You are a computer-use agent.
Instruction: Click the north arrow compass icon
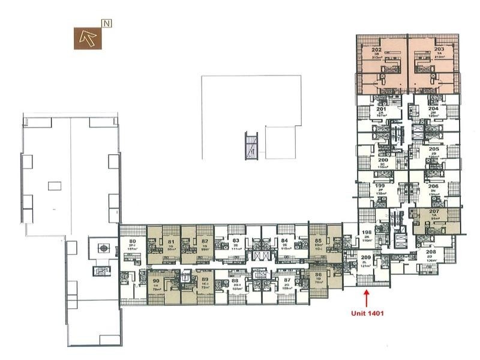[x=87, y=38]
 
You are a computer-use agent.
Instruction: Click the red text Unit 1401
[x=367, y=313]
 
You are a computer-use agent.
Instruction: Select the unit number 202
[x=376, y=49]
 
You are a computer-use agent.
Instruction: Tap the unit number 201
[x=382, y=109]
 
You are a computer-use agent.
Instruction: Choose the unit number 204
[x=433, y=109]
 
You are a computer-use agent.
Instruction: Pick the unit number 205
[x=433, y=149]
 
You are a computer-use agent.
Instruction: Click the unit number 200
[x=382, y=160]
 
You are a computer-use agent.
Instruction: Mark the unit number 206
[x=433, y=187]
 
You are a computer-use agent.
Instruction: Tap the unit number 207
[x=434, y=212]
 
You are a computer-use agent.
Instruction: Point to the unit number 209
[x=365, y=257]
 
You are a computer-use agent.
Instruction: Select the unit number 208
[x=431, y=252]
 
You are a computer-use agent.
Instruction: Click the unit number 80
[x=133, y=242]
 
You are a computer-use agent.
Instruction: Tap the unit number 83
[x=236, y=242]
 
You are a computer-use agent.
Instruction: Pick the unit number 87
[x=287, y=280]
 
